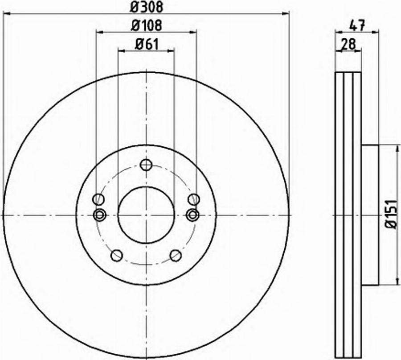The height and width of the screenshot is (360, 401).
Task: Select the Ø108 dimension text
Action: pyautogui.click(x=146, y=25)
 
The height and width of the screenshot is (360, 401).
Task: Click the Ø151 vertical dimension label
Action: pyautogui.click(x=390, y=215)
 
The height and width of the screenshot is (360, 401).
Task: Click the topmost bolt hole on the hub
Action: pyautogui.click(x=146, y=165)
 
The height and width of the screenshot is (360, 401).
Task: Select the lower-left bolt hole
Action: pyautogui.click(x=117, y=256)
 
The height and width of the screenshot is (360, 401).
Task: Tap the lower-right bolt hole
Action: pyautogui.click(x=176, y=256)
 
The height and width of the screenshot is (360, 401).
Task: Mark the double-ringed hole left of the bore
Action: pyautogui.click(x=100, y=215)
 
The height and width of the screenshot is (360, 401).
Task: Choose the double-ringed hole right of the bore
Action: pyautogui.click(x=192, y=215)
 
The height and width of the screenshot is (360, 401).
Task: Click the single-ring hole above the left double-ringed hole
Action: pyautogui.click(x=98, y=199)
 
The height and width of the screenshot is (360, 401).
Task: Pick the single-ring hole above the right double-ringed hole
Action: pyautogui.click(x=193, y=199)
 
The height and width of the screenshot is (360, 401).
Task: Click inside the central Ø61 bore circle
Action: pyautogui.click(x=146, y=215)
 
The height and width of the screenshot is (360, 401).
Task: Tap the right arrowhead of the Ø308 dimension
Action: pyautogui.click(x=286, y=14)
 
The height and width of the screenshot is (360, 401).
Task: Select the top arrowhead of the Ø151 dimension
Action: pyautogui.click(x=396, y=148)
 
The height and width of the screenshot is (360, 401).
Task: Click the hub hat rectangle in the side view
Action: pyautogui.click(x=370, y=215)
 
